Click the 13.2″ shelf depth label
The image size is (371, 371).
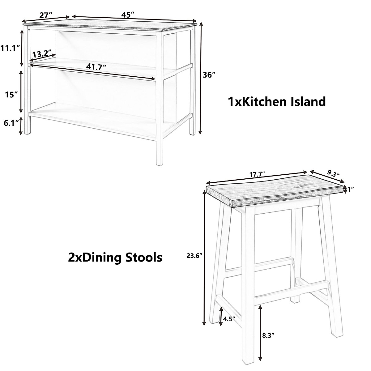pos(42,53)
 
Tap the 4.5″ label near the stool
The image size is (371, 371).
pos(229,318)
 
